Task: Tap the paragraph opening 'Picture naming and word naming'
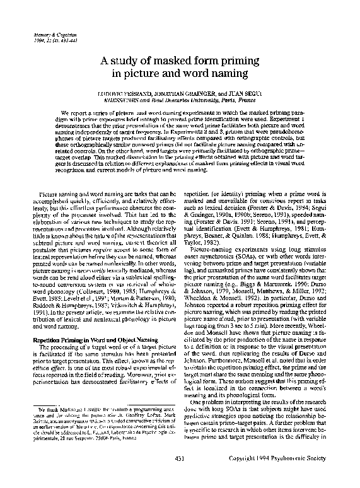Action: pyautogui.click(x=76, y=188)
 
